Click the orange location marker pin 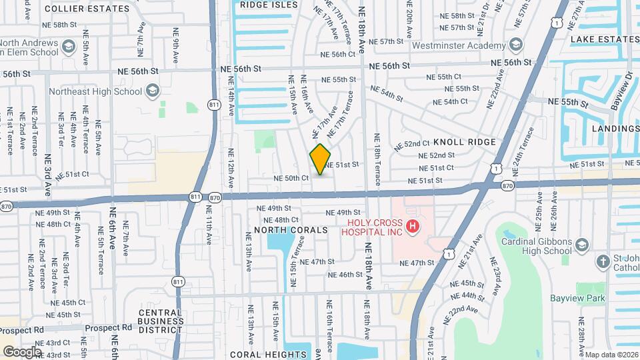pyautogui.click(x=320, y=159)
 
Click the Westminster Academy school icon pyautogui.click(x=515, y=45)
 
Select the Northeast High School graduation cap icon pyautogui.click(x=152, y=91)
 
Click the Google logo pyautogui.click(x=23, y=351)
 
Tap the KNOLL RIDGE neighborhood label pyautogui.click(x=465, y=142)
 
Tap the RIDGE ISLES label pyautogui.click(x=268, y=4)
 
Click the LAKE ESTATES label pyautogui.click(x=604, y=40)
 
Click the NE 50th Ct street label pyautogui.click(x=291, y=178)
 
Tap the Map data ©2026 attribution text pyautogui.click(x=612, y=355)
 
